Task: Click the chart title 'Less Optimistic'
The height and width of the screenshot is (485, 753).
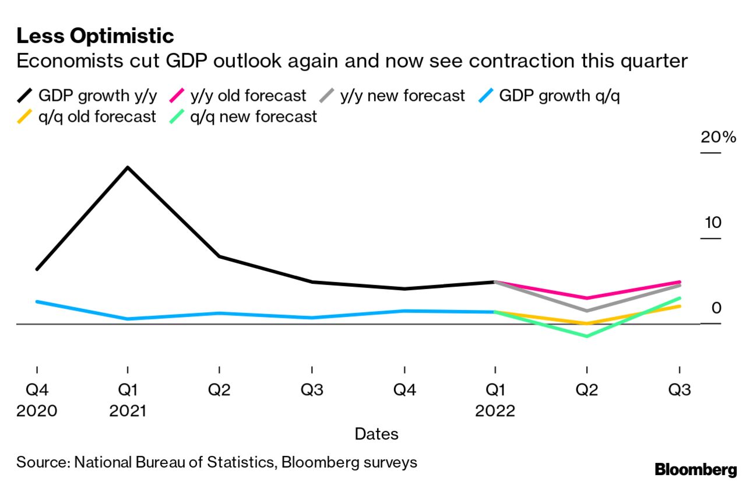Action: (95, 36)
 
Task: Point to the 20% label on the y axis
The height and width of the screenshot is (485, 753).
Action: (718, 138)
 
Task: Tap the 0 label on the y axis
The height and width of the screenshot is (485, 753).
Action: (716, 308)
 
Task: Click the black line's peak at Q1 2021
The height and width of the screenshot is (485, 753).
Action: (128, 168)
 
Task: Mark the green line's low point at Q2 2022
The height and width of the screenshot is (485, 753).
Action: (586, 336)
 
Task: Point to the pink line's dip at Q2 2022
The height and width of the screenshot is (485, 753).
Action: (586, 298)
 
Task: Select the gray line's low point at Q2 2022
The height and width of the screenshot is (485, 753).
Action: (586, 311)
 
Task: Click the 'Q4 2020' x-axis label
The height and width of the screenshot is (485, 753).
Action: (37, 400)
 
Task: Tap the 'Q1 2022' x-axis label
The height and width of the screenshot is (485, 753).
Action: (495, 400)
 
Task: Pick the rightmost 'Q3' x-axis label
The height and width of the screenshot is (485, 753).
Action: (679, 389)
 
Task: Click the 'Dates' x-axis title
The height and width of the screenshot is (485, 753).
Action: (376, 434)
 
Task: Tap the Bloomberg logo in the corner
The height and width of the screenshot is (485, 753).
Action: (695, 469)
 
